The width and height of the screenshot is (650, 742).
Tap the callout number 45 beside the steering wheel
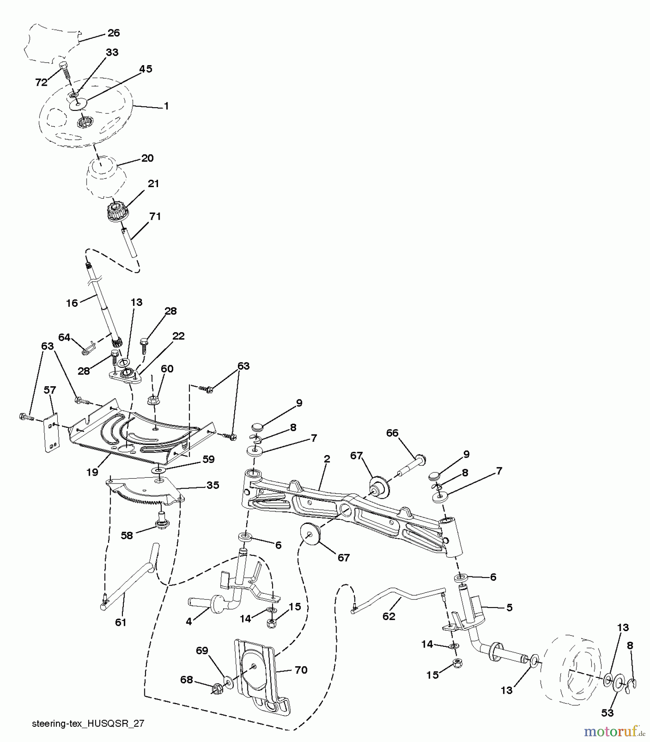(x=146, y=69)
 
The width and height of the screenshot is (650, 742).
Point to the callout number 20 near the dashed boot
(x=147, y=158)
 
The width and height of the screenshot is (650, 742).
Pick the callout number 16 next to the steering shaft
(x=72, y=303)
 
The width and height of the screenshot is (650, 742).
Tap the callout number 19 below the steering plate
(x=92, y=472)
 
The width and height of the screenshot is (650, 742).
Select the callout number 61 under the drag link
(x=120, y=622)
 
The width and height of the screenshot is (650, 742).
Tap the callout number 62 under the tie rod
(x=389, y=616)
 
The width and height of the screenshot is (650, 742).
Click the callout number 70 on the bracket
(x=301, y=670)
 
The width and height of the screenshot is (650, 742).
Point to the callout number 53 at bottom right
(x=608, y=713)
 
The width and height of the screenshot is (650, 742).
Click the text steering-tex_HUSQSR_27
(x=87, y=723)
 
